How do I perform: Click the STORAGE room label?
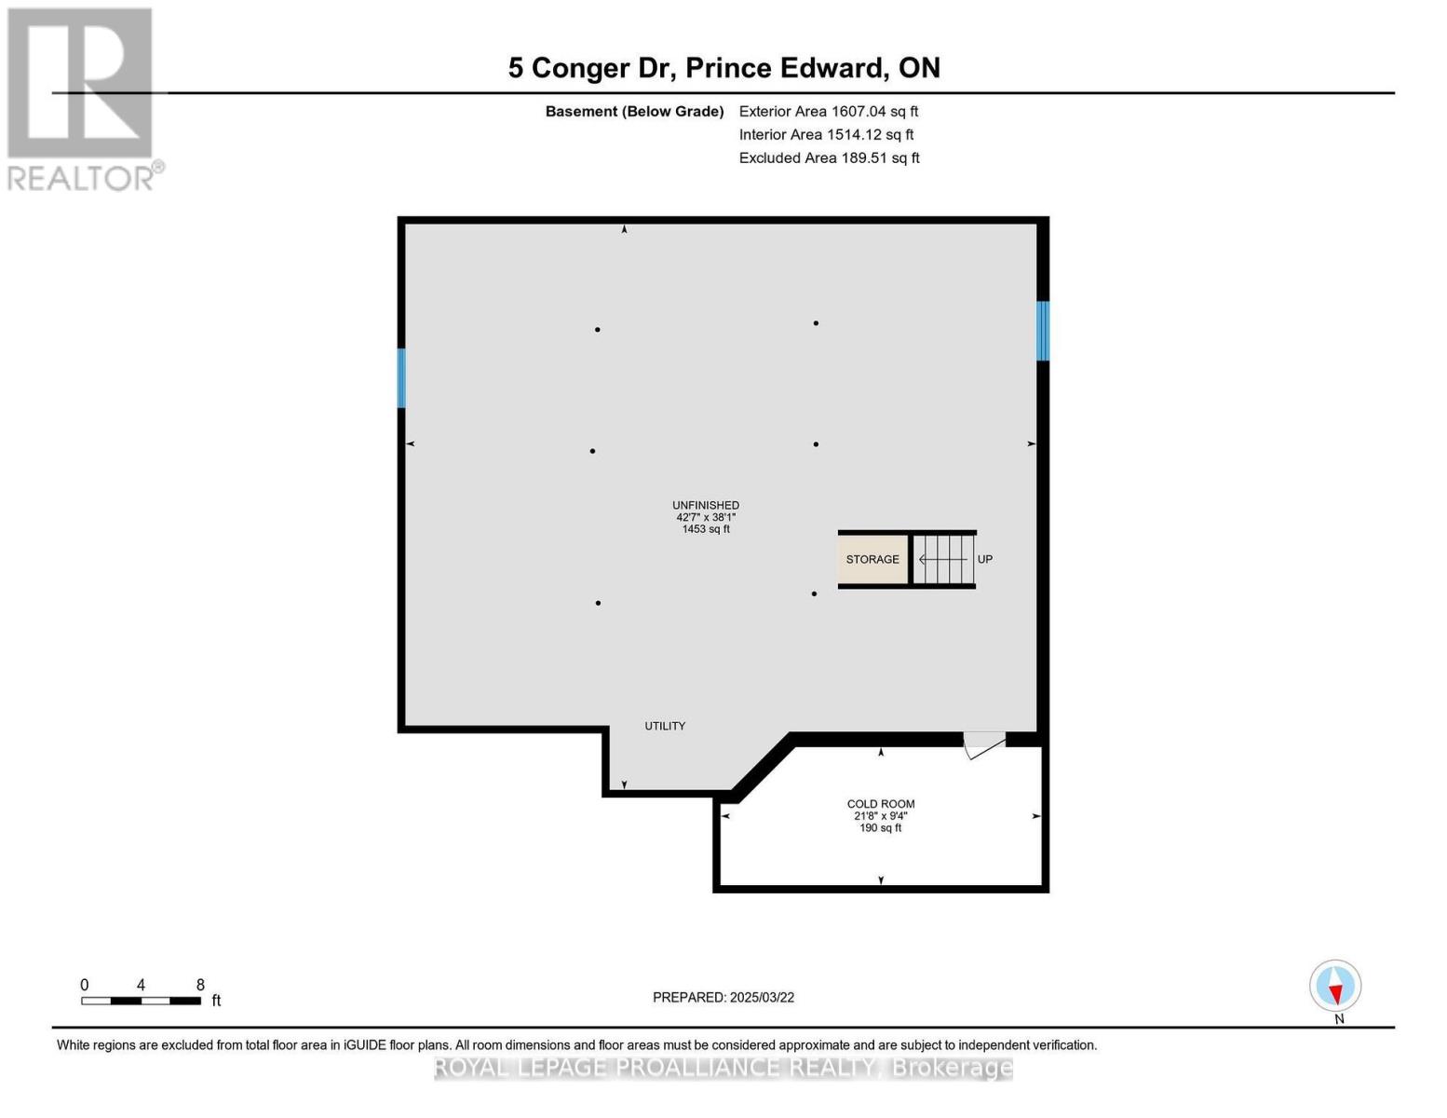pos(872,559)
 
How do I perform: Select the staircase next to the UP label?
pos(942,559)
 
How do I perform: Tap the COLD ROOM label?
pos(880,804)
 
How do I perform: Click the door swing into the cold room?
pos(982,744)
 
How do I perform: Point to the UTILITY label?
pos(665,726)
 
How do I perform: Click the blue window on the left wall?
pos(401,378)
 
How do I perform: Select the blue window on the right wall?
pos(1043,331)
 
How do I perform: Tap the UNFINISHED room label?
pos(706,505)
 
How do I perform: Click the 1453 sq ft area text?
pos(706,529)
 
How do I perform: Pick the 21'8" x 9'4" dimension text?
pos(880,816)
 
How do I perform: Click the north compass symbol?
pos(1335,987)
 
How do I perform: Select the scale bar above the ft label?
pos(141,1001)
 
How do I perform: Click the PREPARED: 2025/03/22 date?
pos(723,997)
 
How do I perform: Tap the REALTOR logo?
pos(82,98)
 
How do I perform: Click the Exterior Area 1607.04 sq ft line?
pos(829,111)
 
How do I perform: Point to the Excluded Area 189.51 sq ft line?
pos(829,157)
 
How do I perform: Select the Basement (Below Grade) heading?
pos(634,111)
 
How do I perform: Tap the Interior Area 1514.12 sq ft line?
pos(826,134)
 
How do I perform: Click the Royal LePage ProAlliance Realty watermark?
pos(723,1068)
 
